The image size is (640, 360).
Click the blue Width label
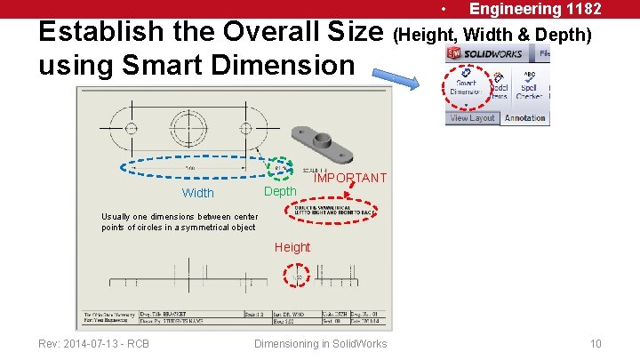pyautogui.click(x=197, y=193)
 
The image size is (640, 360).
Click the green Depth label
pyautogui.click(x=280, y=192)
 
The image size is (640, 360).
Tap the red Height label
pyautogui.click(x=292, y=247)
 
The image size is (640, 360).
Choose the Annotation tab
pyautogui.click(x=524, y=118)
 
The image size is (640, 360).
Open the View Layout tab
pyautogui.click(x=472, y=118)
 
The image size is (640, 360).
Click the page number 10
pyautogui.click(x=596, y=344)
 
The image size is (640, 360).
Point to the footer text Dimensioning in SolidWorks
pyautogui.click(x=320, y=344)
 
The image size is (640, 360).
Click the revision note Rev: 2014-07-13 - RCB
pyautogui.click(x=93, y=344)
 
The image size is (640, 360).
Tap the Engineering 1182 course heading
pyautogui.click(x=535, y=9)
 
